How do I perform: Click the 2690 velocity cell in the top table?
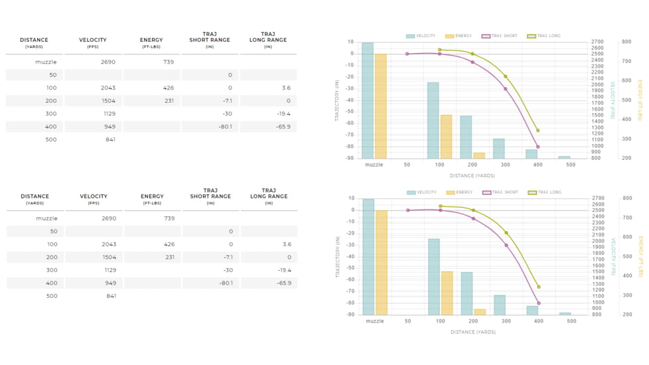[108, 62]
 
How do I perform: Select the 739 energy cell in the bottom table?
[169, 218]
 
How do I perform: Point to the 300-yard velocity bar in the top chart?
[498, 149]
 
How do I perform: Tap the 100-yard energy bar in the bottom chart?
[447, 293]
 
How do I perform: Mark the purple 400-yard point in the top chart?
[538, 147]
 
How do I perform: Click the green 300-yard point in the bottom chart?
[506, 233]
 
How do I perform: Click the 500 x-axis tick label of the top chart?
[571, 165]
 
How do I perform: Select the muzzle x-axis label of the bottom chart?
[375, 321]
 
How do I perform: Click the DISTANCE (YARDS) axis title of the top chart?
[472, 176]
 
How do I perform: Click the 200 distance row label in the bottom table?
[52, 257]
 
